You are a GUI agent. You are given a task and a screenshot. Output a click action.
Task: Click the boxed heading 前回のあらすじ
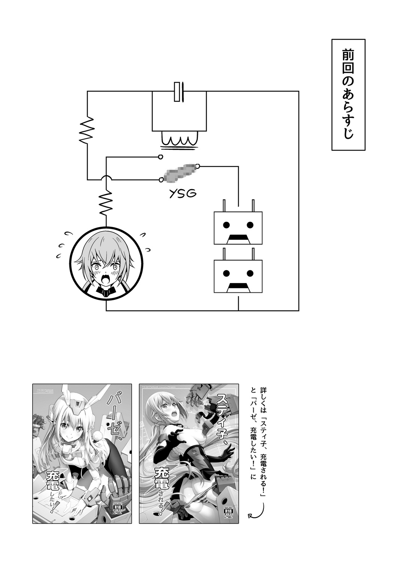pyautogui.click(x=348, y=95)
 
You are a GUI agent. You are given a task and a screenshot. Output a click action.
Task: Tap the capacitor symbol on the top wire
pyautogui.click(x=179, y=91)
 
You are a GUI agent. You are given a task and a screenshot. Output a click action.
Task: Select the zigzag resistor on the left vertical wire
pyautogui.click(x=87, y=130)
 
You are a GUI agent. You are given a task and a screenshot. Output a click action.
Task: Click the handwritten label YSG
pyautogui.click(x=183, y=194)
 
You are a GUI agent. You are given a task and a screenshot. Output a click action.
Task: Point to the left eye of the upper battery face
pyautogui.click(x=226, y=225)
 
